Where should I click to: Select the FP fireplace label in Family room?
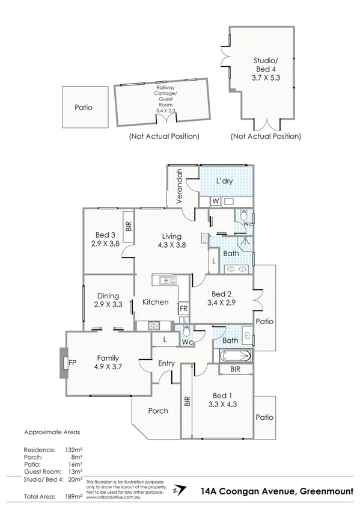pyautogui.click(x=72, y=363)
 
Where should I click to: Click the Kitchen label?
pyautogui.click(x=155, y=302)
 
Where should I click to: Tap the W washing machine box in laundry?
pyautogui.click(x=215, y=201)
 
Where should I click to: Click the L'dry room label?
pyautogui.click(x=225, y=180)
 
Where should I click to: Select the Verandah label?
pyautogui.click(x=178, y=186)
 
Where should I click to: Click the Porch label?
pyautogui.click(x=157, y=411)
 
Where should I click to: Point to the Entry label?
pyautogui.click(x=166, y=363)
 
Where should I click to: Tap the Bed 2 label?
pyautogui.click(x=222, y=294)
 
